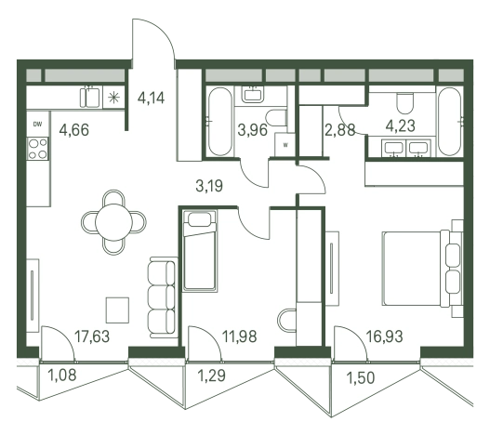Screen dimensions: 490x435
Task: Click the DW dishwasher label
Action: [37, 124]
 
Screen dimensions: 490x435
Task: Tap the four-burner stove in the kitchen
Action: [37, 149]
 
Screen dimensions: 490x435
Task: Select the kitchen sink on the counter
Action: [90, 98]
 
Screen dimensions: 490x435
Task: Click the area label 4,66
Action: [74, 130]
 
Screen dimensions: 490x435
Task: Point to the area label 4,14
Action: [151, 98]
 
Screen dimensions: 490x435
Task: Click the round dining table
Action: [113, 222]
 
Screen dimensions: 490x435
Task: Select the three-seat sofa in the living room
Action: [163, 297]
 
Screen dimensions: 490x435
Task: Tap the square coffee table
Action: [117, 310]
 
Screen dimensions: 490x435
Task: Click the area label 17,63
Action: [92, 336]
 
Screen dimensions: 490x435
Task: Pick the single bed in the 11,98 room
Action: [200, 251]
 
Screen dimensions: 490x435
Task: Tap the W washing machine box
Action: [285, 145]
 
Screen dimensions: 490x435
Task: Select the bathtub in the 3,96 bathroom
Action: [220, 122]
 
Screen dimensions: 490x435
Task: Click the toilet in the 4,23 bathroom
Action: [405, 103]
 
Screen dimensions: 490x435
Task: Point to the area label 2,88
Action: [340, 130]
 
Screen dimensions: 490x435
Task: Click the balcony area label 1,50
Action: [361, 377]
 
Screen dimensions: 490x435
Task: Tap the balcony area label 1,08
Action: [62, 375]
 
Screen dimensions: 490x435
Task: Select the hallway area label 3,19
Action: [209, 186]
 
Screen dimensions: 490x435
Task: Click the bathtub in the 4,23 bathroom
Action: [450, 122]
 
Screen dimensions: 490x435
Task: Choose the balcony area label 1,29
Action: [212, 376]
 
